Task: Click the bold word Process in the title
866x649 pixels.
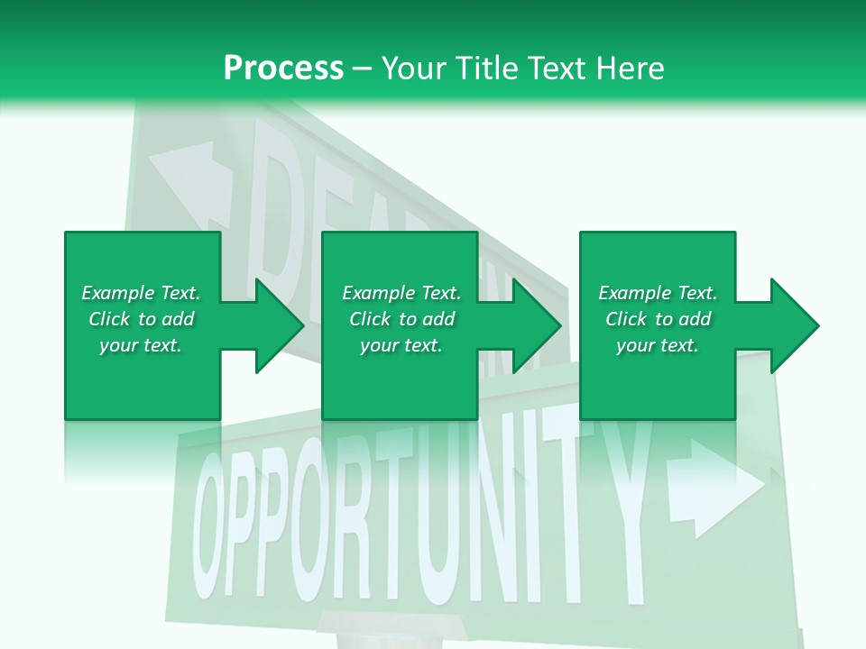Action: pos(283,69)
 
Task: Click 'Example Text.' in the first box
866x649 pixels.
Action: pos(141,293)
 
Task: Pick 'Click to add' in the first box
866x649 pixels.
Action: pos(141,319)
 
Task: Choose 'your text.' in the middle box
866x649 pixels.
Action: pos(401,345)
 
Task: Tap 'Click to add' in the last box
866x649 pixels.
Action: pos(658,319)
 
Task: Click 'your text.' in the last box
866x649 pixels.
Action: pos(657,345)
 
